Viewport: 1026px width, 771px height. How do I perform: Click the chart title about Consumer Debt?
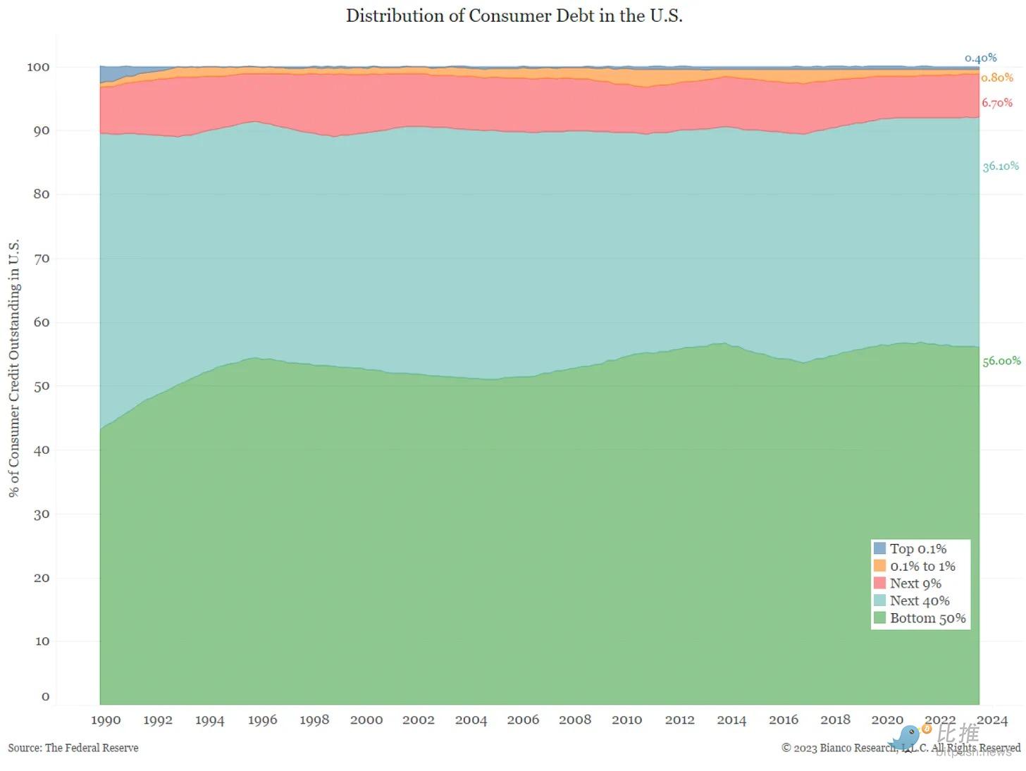point(514,16)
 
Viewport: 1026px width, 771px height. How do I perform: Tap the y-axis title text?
point(14,368)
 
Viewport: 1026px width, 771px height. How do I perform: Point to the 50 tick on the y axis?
point(42,386)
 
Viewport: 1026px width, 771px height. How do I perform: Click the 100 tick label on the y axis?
point(38,67)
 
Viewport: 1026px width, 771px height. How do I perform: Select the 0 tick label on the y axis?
point(46,697)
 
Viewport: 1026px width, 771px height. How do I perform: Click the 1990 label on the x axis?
point(106,720)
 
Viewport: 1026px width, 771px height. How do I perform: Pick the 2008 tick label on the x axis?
point(575,720)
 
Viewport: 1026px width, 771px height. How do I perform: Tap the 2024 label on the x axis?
point(992,720)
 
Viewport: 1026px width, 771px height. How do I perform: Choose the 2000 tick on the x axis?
point(366,720)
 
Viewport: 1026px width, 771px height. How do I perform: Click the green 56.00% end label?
point(1001,361)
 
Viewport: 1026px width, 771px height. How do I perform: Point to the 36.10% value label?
point(1001,166)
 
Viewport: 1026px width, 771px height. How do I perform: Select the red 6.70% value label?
point(997,103)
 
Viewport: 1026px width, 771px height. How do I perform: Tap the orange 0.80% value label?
point(997,78)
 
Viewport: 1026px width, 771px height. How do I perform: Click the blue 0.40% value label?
point(981,58)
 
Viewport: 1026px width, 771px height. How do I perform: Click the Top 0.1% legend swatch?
point(879,548)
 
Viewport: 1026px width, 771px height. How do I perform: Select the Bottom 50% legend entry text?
point(927,618)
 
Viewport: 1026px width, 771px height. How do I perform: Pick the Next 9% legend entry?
point(915,584)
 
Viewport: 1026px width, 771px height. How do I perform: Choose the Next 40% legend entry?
point(919,600)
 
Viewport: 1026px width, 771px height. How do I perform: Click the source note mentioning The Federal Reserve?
point(73,748)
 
